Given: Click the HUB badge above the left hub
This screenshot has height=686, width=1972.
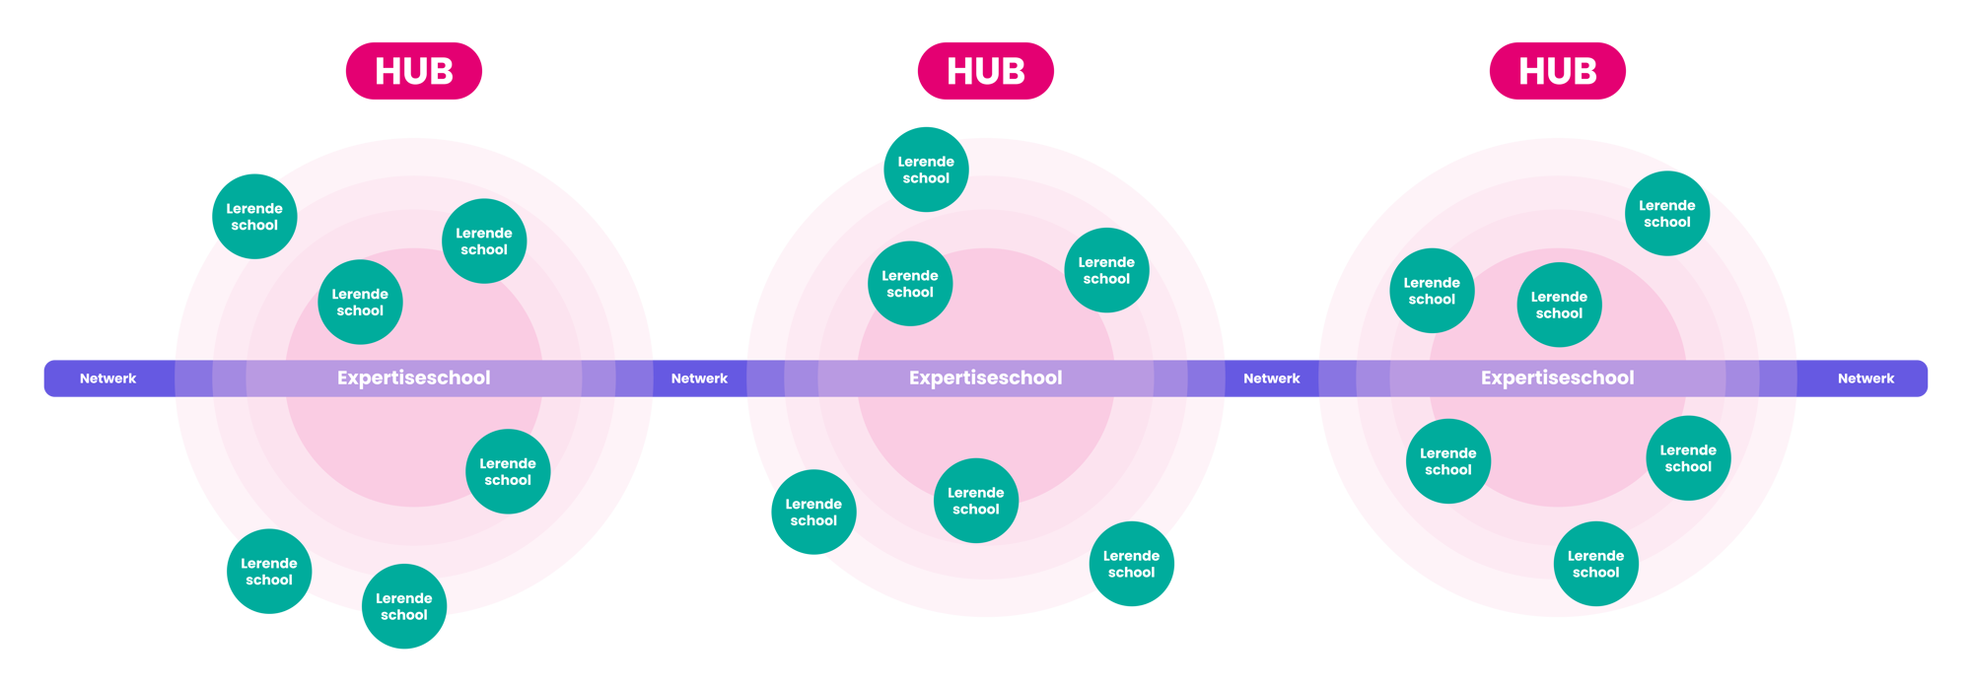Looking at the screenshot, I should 414,71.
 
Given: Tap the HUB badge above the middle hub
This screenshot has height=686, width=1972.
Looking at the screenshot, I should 986,71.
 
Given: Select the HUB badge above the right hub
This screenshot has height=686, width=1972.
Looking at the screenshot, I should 1558,71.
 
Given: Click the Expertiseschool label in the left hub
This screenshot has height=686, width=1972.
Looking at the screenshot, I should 414,377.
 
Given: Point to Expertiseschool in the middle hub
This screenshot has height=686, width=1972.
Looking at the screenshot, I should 986,377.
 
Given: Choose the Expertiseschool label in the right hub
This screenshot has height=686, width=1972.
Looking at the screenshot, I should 1558,377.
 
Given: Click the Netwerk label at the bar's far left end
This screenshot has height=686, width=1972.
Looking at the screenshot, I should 108,378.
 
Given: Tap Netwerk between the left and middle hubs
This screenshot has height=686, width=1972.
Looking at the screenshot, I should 699,378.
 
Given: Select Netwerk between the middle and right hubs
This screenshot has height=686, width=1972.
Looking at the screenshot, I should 1272,378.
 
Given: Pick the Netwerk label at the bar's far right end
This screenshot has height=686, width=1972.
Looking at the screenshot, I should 1866,378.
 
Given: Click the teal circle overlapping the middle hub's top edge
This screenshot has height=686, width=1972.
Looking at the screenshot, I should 926,170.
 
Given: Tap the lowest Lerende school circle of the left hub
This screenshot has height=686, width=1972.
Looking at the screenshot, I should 404,606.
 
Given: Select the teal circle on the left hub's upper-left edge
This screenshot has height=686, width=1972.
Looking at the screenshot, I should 254,217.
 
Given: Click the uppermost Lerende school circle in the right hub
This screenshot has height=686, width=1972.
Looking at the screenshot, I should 1667,214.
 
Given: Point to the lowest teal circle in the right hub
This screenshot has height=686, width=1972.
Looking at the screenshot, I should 1595,564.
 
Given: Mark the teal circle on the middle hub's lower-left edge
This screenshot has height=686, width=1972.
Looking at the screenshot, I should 813,513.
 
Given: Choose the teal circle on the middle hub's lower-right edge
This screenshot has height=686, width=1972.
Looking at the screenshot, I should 1132,564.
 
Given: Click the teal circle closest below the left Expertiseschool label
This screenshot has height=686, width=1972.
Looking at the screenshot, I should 508,471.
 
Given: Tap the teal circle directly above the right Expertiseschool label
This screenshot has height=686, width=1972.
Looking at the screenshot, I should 1559,305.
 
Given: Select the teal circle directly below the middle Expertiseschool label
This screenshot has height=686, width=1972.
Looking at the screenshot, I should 976,501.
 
